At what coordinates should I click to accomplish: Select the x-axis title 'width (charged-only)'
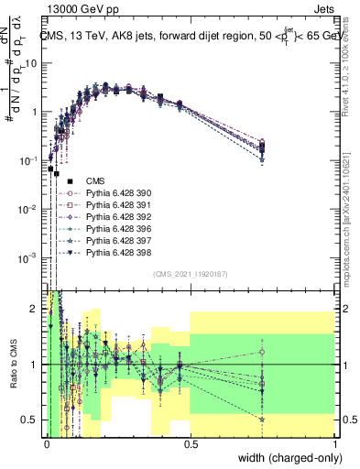[x=285, y=458]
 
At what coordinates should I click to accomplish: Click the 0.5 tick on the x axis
[x=191, y=443]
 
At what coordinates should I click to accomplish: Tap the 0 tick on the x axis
[x=47, y=443]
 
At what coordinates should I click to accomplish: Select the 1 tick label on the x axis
[x=334, y=443]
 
